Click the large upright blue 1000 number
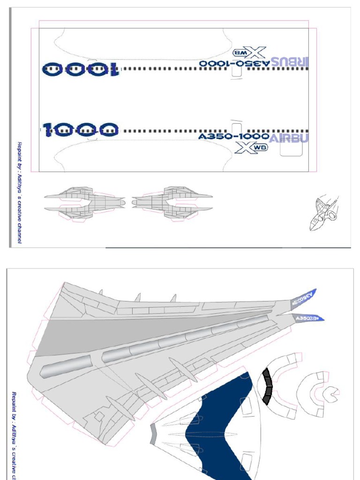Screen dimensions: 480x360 (x=80, y=129)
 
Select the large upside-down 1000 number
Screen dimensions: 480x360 (x=81, y=69)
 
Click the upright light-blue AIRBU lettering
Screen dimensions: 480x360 (x=289, y=137)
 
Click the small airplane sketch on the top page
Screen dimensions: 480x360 (x=323, y=213)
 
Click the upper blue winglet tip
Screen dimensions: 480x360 (x=306, y=296)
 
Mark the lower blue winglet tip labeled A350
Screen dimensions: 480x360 (x=309, y=318)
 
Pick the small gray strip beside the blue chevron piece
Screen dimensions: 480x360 (x=153, y=433)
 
